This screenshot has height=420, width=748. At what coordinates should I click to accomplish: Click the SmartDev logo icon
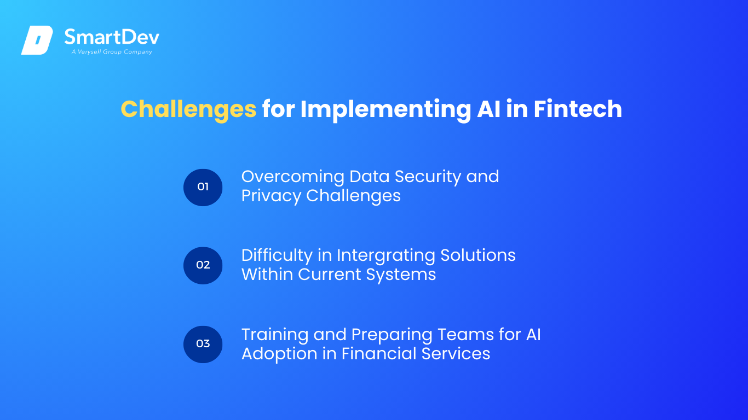37,40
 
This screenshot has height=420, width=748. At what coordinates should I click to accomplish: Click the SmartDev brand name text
112,37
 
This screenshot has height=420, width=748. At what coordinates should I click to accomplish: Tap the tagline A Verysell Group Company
112,52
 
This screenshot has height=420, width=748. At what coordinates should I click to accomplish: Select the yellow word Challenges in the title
188,110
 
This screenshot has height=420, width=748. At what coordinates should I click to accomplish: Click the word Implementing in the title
385,110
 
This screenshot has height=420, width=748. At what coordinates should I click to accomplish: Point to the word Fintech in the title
578,109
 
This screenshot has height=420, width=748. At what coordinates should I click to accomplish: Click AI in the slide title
488,109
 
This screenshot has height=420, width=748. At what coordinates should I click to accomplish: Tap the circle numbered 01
203,187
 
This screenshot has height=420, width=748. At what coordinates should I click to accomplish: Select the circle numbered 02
203,266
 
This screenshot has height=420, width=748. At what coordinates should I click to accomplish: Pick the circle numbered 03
203,345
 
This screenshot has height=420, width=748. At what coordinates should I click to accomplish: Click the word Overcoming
293,177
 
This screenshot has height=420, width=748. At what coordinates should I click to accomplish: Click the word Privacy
271,196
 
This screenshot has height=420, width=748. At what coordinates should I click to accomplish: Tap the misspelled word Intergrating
385,256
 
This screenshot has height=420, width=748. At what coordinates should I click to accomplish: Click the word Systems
401,275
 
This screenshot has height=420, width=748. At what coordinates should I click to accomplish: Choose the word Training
275,335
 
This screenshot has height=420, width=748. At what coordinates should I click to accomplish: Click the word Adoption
279,354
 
